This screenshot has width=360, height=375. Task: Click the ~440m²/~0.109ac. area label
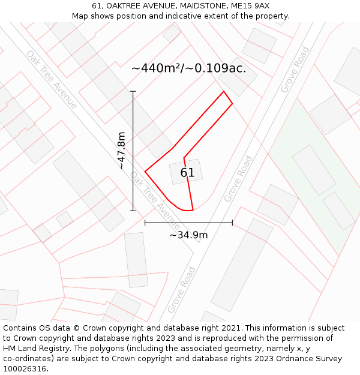pos(188,68)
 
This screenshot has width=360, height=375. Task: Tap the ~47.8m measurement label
pos(122,151)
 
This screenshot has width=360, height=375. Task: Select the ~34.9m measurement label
pos(188,235)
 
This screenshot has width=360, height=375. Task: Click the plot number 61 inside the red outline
pos(187,173)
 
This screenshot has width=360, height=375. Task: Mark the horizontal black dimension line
pos(188,223)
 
